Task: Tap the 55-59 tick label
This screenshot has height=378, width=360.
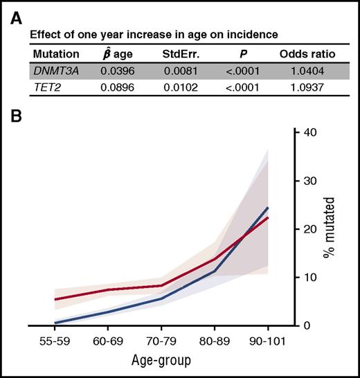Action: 54,343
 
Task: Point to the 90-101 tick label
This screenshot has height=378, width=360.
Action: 268,343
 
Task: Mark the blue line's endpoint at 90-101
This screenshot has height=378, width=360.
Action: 268,207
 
